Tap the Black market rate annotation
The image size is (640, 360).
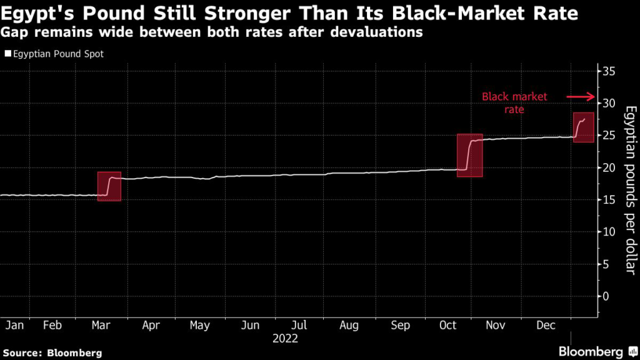(x=514, y=103)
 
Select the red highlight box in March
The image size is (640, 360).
(x=109, y=186)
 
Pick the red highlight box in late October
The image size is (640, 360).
(x=469, y=155)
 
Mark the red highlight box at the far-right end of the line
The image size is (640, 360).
(x=583, y=127)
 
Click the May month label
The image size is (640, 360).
(x=199, y=326)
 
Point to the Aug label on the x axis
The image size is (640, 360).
(x=349, y=326)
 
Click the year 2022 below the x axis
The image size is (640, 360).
(x=286, y=339)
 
